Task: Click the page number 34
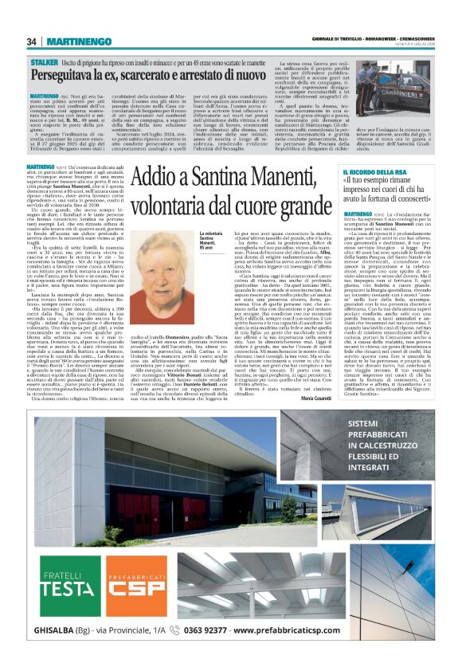pyautogui.click(x=32, y=41)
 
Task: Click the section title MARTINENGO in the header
pyautogui.click(x=79, y=41)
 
